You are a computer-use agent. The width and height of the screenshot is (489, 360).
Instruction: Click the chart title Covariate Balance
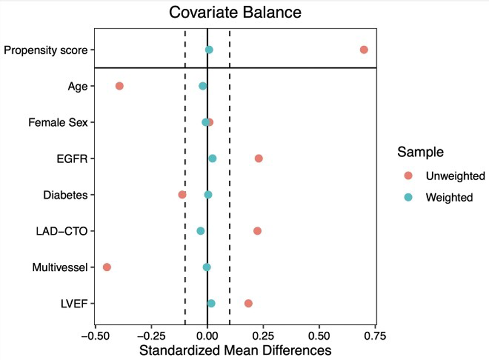click(235, 13)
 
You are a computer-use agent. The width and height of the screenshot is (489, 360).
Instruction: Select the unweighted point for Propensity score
click(363, 50)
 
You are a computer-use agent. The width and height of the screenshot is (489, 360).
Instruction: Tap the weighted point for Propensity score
click(209, 50)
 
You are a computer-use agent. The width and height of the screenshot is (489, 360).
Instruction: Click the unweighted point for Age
click(120, 86)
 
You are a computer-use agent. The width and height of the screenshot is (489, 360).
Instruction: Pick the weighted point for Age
click(203, 86)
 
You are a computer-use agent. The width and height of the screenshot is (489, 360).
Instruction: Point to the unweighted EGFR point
click(259, 158)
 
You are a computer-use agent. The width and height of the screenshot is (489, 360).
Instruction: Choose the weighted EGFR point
click(212, 158)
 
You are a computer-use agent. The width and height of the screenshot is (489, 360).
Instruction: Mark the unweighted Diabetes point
click(182, 195)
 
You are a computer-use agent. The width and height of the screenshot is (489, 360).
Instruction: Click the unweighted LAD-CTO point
click(257, 231)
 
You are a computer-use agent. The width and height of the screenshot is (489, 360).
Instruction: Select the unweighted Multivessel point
click(107, 267)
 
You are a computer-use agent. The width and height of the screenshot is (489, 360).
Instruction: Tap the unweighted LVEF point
click(248, 303)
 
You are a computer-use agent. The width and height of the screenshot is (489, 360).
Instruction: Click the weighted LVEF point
click(211, 303)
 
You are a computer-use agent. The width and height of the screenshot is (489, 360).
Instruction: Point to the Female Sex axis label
click(59, 122)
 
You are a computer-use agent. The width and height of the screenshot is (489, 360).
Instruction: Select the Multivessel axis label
click(60, 268)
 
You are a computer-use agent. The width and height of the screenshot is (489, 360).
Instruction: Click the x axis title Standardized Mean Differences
click(235, 350)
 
